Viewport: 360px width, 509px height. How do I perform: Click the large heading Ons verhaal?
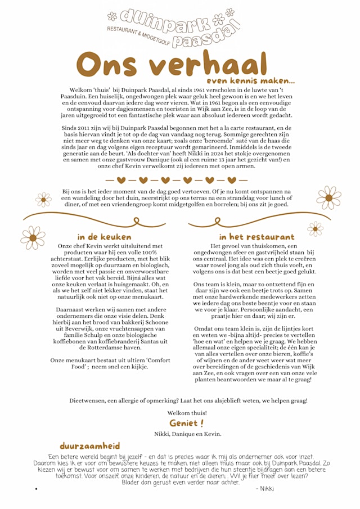(171, 64)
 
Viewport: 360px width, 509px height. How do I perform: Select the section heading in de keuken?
(104, 237)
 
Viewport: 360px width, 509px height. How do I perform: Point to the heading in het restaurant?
(256, 237)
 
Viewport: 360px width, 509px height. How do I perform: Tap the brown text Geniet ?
(186, 423)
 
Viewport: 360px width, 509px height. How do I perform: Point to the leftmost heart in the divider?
(121, 181)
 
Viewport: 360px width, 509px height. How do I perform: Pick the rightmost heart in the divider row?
(231, 181)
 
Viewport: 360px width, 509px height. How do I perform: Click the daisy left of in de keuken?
(33, 237)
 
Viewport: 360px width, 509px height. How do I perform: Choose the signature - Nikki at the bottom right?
(264, 489)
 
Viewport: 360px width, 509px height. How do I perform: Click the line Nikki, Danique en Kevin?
(187, 434)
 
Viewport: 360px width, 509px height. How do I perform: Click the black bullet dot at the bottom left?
(36, 489)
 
